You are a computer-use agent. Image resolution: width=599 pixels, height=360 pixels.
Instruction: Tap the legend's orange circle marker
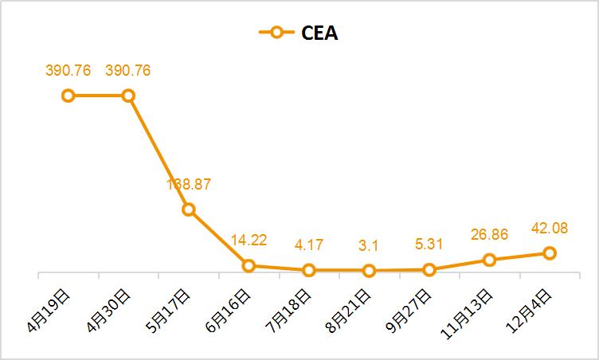pos(276,33)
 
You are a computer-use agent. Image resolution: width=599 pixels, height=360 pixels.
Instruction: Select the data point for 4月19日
pos(69,96)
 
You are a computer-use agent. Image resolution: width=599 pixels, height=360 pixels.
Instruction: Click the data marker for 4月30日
pos(128,96)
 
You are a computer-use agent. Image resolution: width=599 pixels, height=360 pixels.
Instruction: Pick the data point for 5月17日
pos(189,209)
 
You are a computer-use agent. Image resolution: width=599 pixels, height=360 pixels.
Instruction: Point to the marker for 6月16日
pos(249,265)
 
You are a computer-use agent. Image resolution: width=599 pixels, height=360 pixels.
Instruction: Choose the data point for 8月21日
pos(369,271)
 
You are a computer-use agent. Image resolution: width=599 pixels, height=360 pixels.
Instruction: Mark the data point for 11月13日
pos(489,260)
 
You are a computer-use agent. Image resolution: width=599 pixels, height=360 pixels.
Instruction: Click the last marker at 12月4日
pos(549,253)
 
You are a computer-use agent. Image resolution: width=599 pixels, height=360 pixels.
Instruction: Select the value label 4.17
pos(308,245)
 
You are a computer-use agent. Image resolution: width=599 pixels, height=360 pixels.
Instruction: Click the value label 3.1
pos(369,245)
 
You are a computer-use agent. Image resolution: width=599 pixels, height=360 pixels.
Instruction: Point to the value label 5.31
pos(429,245)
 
